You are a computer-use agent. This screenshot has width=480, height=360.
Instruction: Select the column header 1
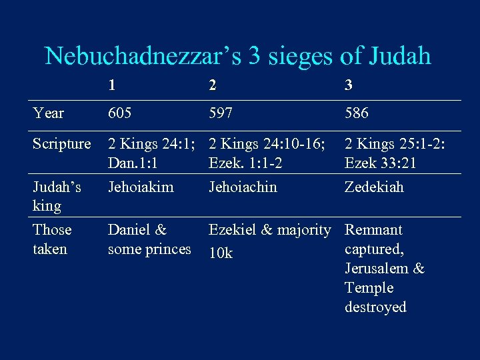113,85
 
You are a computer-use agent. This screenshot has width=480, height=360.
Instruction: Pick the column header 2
213,85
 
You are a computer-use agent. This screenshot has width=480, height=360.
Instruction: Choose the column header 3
349,85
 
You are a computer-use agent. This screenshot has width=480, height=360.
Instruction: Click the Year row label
48,113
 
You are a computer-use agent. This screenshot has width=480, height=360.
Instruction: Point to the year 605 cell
121,113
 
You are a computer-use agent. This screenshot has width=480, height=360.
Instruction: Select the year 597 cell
221,113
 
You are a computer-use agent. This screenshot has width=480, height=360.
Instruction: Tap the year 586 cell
357,113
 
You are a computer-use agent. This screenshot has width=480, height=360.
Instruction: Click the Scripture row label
62,143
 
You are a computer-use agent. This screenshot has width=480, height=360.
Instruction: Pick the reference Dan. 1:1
137,163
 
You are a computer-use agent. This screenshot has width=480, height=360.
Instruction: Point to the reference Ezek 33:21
380,163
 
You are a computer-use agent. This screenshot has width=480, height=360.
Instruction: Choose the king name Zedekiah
374,187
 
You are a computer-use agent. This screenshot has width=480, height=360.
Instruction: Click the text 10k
221,253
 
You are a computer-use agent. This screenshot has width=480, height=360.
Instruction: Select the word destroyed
375,307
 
